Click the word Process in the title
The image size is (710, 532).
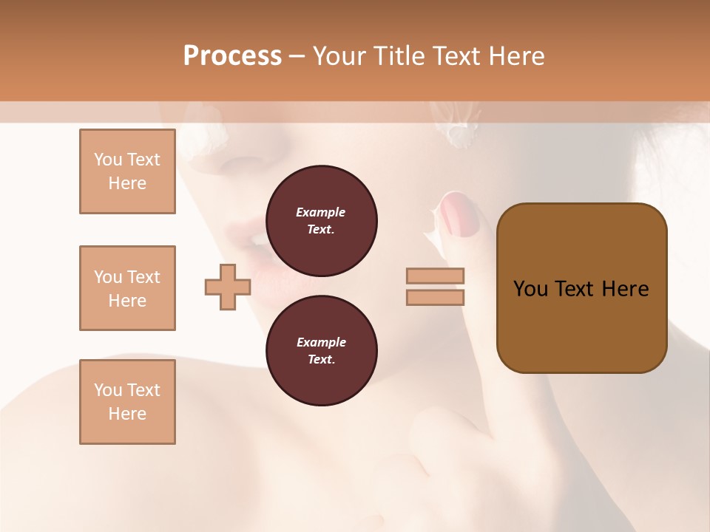coord(232,56)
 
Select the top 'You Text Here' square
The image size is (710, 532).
coord(127,171)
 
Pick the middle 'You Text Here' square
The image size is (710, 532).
coord(127,288)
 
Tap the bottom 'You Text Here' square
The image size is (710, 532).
coord(127,402)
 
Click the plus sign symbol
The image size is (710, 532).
coord(227,287)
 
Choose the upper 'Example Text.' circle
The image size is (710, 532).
coord(322,221)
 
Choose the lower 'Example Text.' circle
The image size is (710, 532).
coord(322,351)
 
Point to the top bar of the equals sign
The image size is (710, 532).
coord(436,276)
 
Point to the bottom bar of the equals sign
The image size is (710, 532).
coord(436,298)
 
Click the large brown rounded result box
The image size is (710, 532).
coord(581,288)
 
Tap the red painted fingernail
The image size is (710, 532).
coord(460,217)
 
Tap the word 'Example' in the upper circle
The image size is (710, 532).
coord(321,212)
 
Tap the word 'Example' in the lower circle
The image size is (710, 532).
coord(321,342)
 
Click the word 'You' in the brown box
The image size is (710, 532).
coord(530,289)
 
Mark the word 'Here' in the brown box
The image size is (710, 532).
coord(625,289)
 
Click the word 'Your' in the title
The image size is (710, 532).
coord(341,56)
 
